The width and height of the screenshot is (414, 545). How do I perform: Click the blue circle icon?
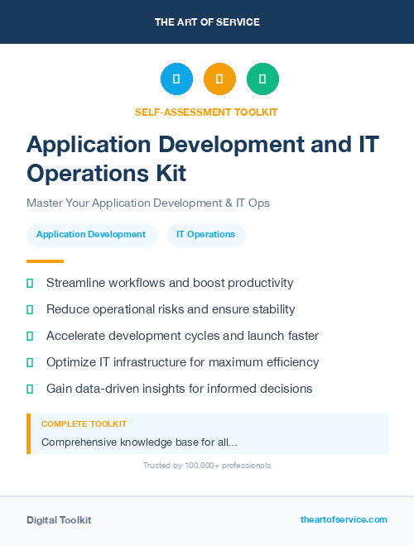point(176,79)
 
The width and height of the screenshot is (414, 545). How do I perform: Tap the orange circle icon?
point(219,79)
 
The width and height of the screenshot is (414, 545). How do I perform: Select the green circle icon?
point(262,79)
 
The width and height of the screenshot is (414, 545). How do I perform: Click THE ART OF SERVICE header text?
point(207,22)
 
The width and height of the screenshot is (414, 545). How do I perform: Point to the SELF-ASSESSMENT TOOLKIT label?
point(206,112)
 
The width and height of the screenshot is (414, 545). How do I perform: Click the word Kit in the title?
point(166,173)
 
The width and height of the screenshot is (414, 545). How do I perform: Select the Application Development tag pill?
point(91,235)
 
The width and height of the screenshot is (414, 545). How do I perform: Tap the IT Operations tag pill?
point(205,235)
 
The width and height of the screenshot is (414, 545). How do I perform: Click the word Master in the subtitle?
point(46,203)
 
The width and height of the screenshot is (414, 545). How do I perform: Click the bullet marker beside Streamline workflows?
point(30,283)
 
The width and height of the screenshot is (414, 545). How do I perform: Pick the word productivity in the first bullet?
point(258,283)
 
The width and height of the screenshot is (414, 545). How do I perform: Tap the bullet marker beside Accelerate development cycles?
point(30,337)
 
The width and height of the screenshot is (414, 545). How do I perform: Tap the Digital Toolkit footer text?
point(59,520)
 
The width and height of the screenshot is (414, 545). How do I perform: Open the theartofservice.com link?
point(344,519)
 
